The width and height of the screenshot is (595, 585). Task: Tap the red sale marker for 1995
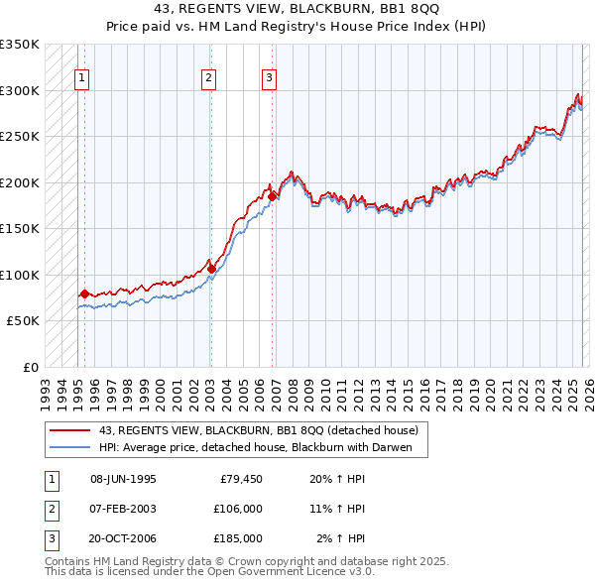coord(84,293)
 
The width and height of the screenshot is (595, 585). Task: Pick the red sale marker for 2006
coord(272,196)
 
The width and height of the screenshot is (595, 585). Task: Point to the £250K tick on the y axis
coord(20,136)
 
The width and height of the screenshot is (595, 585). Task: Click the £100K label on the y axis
coord(20,275)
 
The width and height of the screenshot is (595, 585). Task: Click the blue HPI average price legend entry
coord(262,447)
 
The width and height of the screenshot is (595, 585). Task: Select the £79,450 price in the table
coord(240,480)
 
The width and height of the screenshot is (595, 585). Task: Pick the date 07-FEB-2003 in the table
coord(123,509)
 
